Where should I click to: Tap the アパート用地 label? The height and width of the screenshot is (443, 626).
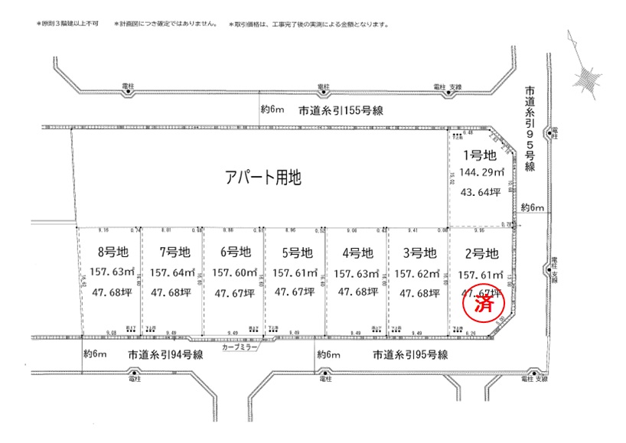point(264,178)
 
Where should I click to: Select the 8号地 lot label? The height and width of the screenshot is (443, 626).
point(112,252)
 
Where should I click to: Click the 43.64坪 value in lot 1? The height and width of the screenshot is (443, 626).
point(480,192)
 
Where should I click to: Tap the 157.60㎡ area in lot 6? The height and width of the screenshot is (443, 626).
point(233,272)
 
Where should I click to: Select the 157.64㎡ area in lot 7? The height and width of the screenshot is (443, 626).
point(173,272)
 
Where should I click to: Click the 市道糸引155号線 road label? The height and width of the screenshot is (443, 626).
point(341,110)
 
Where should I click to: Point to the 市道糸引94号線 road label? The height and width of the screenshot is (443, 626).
point(165,355)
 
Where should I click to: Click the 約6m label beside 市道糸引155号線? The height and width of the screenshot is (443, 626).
point(272,109)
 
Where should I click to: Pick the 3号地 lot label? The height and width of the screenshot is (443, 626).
point(419,252)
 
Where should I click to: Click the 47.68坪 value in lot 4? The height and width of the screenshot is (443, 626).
point(357,293)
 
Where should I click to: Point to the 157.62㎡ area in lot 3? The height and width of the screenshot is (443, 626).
point(419,273)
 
